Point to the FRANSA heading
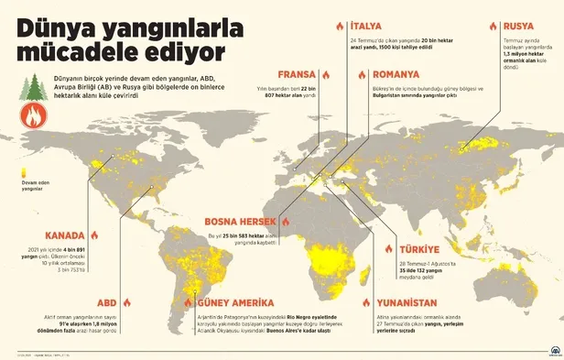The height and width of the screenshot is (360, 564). [x=299, y=73]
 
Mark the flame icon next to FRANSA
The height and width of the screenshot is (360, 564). [x=325, y=73]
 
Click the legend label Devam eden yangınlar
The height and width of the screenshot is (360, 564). [x=34, y=186]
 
